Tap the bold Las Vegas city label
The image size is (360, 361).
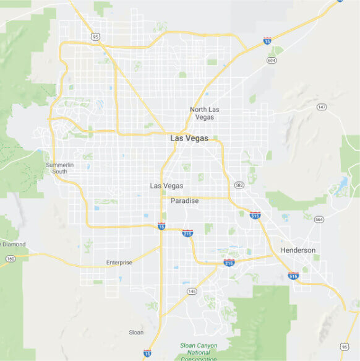tap(189, 139)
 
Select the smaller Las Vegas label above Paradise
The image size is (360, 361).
tap(166, 186)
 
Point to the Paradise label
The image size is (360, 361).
tap(184, 201)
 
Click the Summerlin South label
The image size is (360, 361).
tap(60, 168)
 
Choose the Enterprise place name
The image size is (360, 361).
tap(119, 263)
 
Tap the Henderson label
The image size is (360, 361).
tap(298, 250)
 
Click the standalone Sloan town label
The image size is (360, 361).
tap(136, 333)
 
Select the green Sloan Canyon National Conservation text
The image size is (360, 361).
tap(199, 352)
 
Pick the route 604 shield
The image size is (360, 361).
tap(272, 60)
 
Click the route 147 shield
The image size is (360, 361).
tap(321, 107)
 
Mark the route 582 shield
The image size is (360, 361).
tap(239, 185)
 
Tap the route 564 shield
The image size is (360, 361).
tap(319, 219)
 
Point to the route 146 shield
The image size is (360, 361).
tap(192, 291)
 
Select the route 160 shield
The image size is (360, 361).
tap(11, 259)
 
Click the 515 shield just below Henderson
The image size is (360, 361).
tap(293, 276)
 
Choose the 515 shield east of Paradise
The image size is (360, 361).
tap(255, 215)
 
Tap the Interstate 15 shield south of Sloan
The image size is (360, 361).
tap(147, 353)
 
